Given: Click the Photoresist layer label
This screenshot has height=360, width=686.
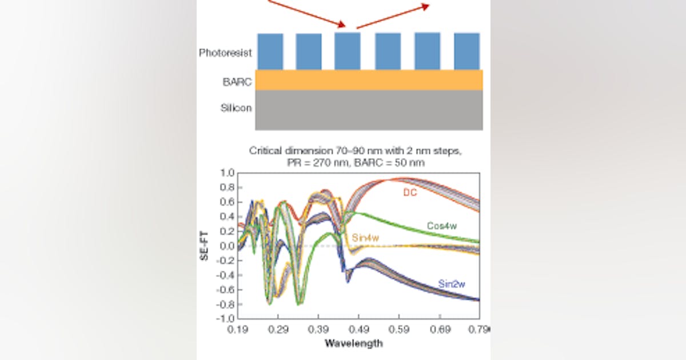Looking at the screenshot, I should tap(225, 53).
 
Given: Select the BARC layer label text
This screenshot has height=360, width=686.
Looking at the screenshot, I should tap(237, 82).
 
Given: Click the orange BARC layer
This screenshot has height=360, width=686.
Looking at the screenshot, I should tap(369, 80).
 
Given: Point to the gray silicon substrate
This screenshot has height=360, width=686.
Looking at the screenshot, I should tap(369, 110).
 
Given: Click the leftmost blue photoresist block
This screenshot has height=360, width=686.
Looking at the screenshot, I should tap(270, 51).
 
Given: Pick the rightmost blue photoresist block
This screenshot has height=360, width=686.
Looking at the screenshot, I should tap(466, 51).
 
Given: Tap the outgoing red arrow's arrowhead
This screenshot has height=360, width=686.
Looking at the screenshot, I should tap(425, 5).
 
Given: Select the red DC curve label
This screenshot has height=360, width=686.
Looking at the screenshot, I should tap(409, 193).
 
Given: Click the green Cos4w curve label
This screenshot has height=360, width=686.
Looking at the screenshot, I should tap(442, 226).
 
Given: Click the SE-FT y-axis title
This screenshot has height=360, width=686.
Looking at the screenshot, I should tap(204, 245).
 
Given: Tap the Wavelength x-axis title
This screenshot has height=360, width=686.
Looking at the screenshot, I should tap(353, 343).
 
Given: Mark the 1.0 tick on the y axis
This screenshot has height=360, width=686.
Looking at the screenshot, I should tap(228, 173).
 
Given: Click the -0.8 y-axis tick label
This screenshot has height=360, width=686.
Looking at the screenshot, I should tap(226, 303).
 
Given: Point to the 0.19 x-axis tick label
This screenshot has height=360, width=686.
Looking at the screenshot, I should tap(238, 330).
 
